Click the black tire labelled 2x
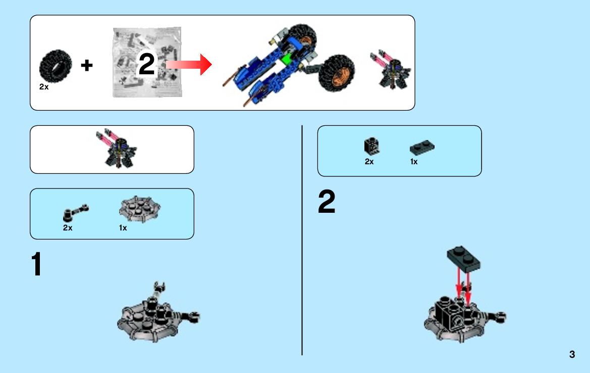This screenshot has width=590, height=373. [56, 66]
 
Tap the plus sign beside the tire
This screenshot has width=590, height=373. [86, 65]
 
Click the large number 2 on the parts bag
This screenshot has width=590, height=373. [147, 64]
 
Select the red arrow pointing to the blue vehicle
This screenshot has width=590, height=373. [189, 64]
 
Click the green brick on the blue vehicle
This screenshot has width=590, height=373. [287, 59]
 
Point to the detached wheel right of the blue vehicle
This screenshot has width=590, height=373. [337, 73]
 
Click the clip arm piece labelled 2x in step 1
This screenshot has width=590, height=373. [76, 213]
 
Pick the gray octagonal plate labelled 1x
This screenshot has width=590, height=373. [140, 209]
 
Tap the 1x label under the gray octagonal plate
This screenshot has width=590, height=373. [123, 228]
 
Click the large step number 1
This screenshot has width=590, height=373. [36, 264]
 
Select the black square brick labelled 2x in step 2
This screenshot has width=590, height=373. [371, 146]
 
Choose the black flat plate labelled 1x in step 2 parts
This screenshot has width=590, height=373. [422, 147]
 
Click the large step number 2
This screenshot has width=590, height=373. [326, 202]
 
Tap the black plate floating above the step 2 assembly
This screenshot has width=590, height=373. [463, 259]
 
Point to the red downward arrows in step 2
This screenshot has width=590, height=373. [463, 287]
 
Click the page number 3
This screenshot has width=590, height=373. [572, 354]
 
